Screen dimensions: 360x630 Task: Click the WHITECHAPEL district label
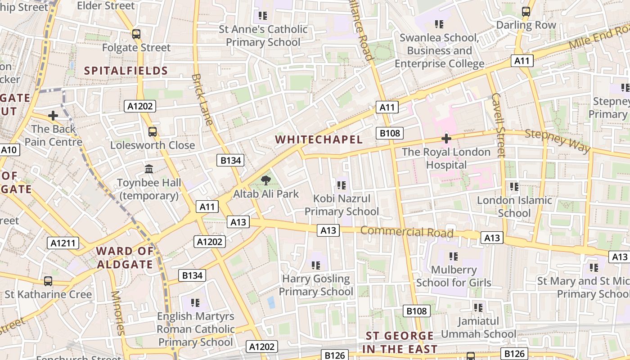click(x=319, y=139)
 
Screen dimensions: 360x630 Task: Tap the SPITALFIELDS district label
click(x=126, y=71)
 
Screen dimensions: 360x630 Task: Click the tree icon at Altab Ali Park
click(x=266, y=180)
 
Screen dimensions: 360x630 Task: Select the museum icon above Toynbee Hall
click(x=149, y=169)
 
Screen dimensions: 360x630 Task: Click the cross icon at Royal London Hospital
click(x=446, y=139)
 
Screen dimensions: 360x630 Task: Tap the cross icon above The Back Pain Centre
click(x=53, y=116)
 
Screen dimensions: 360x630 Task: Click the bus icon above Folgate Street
click(x=136, y=34)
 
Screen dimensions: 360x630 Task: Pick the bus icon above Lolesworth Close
click(x=153, y=132)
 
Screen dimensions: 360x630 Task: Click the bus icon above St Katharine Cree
click(x=48, y=281)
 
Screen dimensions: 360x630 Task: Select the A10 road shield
click(x=9, y=150)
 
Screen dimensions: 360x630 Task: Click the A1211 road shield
click(x=63, y=243)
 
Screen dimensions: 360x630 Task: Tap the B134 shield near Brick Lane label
click(x=230, y=160)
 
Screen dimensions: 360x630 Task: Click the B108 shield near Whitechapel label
click(x=390, y=133)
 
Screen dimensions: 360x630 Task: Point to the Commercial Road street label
click(x=406, y=232)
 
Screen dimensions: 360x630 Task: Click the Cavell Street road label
click(x=499, y=125)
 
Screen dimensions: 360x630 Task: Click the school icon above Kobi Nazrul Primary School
click(x=341, y=185)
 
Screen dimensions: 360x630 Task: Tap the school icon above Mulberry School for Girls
click(x=453, y=256)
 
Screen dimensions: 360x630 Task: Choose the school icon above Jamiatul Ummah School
click(x=478, y=308)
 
